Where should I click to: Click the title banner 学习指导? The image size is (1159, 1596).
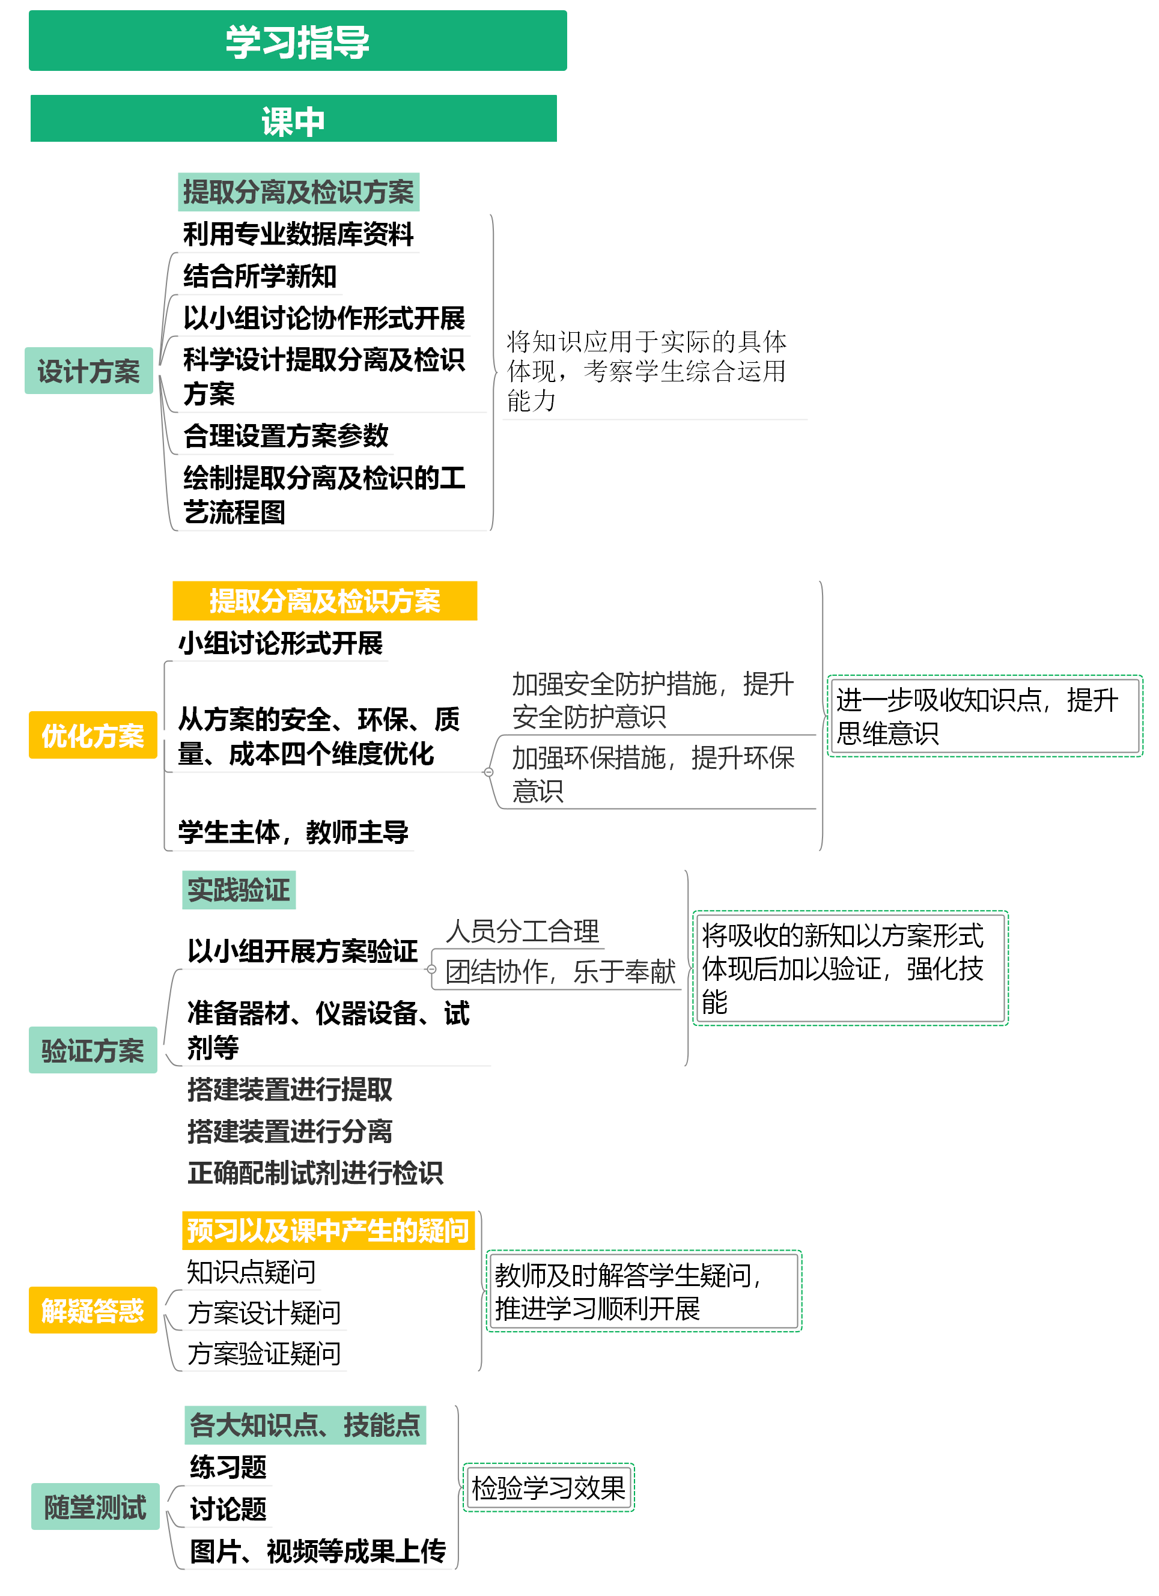pyautogui.click(x=297, y=41)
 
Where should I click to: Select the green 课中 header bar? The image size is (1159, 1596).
pyautogui.click(x=293, y=119)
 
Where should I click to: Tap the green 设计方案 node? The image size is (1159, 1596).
pyautogui.click(x=89, y=371)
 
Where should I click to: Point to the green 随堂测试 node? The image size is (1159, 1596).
pyautogui.click(x=95, y=1506)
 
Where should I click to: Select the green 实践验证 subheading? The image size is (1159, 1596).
pyautogui.click(x=239, y=890)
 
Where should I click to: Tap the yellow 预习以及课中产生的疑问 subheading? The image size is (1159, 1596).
pyautogui.click(x=328, y=1230)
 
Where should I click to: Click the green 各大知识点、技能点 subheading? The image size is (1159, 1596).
pyautogui.click(x=305, y=1425)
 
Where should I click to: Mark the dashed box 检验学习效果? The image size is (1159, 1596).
pyautogui.click(x=548, y=1488)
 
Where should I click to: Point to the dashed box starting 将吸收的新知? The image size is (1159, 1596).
pyautogui.click(x=850, y=968)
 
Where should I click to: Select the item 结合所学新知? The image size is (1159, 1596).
pyautogui.click(x=260, y=276)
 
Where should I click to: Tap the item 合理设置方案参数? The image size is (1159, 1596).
pyautogui.click(x=286, y=435)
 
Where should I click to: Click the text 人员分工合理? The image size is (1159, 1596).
pyautogui.click(x=522, y=931)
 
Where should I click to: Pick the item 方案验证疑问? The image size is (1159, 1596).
pyautogui.click(x=264, y=1353)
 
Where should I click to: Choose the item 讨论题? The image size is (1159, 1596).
pyautogui.click(x=228, y=1509)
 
